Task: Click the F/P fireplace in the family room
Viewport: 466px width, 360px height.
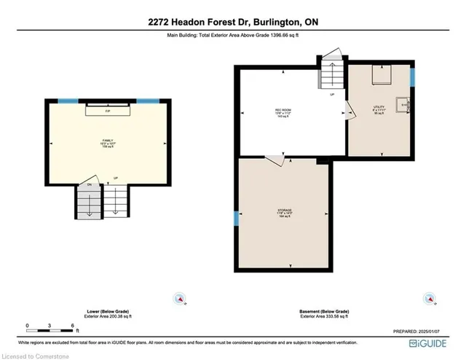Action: coord(108,111)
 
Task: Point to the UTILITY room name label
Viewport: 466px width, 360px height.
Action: coord(379,107)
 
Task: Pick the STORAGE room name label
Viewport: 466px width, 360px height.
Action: coord(284,211)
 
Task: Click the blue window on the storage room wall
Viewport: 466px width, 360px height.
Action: coord(235,218)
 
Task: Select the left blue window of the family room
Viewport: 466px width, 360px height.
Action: coord(68,101)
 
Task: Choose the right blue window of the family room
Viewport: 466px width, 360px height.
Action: coord(148,101)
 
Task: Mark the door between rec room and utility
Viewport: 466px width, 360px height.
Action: coord(348,110)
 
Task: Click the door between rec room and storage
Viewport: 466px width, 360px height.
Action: coord(275,159)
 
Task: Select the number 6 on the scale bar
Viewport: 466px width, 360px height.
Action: coord(72,324)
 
